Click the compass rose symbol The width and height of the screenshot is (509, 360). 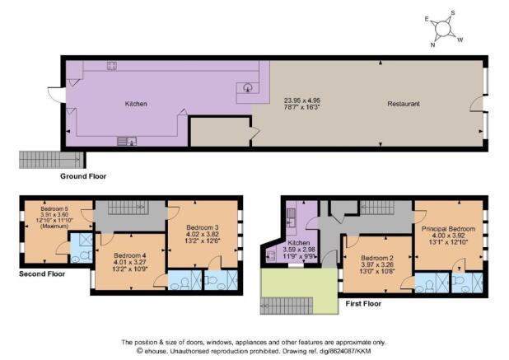point(443,29)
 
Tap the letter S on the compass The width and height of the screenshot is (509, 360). point(453,13)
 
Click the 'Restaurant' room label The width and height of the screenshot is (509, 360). point(404,104)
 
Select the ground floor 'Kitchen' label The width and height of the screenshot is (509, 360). point(136,104)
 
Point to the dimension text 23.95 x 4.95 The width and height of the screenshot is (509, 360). point(302,101)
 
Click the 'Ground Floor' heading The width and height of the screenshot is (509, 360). point(83,176)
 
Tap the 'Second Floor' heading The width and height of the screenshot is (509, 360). point(42,274)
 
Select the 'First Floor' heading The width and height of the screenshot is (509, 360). point(363,304)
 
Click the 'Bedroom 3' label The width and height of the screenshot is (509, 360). point(203,227)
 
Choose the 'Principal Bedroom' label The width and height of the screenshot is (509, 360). point(448,229)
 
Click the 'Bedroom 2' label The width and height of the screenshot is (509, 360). point(377,258)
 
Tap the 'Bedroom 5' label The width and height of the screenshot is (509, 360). point(54,208)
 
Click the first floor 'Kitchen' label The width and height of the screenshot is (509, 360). point(299,243)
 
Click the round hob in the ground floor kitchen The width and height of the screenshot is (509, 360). point(248,87)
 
